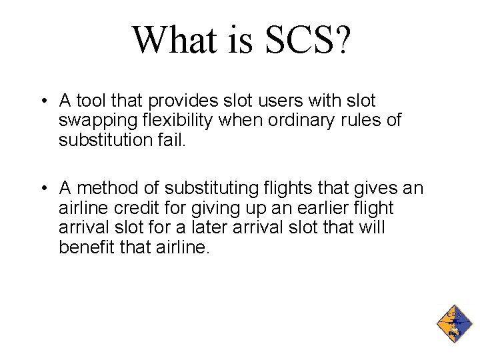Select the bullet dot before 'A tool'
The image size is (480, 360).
point(42,102)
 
